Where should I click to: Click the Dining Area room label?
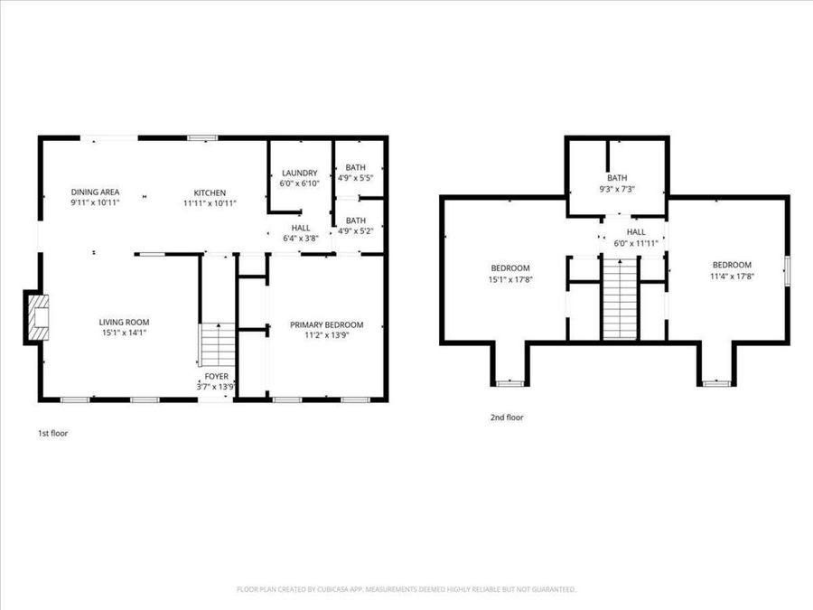pyautogui.click(x=95, y=192)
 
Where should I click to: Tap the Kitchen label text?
pyautogui.click(x=210, y=192)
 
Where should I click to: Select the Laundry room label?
pyautogui.click(x=299, y=173)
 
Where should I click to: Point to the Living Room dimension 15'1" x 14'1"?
pyautogui.click(x=124, y=333)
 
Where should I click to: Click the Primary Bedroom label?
pyautogui.click(x=326, y=324)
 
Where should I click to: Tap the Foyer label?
pyautogui.click(x=216, y=376)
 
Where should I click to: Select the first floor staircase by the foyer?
pyautogui.click(x=216, y=343)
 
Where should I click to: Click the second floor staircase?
pyautogui.click(x=620, y=298)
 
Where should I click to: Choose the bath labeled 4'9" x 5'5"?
pyautogui.click(x=356, y=173)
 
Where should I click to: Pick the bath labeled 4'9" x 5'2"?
pyautogui.click(x=356, y=225)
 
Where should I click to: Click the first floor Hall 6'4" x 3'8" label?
pyautogui.click(x=301, y=233)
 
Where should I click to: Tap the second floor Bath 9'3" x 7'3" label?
pyautogui.click(x=617, y=183)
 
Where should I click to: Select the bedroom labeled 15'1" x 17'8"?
pyautogui.click(x=510, y=273)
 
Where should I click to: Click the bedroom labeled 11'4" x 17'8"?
pyautogui.click(x=731, y=270)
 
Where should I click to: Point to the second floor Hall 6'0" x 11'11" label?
pyautogui.click(x=636, y=237)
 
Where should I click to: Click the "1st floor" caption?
pyautogui.click(x=52, y=433)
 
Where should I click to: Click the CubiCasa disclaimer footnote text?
pyautogui.click(x=406, y=589)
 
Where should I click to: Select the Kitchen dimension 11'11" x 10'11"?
pyautogui.click(x=210, y=202)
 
